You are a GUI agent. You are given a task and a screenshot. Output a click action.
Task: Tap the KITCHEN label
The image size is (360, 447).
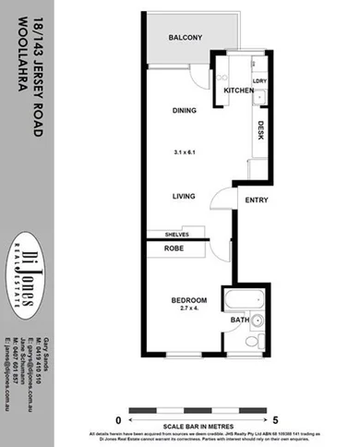tap(237, 91)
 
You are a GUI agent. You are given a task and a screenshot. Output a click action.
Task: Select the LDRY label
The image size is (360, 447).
tap(259, 80)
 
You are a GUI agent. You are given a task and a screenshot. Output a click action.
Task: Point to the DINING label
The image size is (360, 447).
tap(185, 112)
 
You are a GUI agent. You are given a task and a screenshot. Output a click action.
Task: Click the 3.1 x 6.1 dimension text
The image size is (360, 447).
tap(186, 151)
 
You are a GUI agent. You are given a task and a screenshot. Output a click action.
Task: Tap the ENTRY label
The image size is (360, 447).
tap(254, 199)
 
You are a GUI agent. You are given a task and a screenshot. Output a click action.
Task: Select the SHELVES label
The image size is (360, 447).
tap(177, 235)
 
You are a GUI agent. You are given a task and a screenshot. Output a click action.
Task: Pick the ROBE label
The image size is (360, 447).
tap(175, 248)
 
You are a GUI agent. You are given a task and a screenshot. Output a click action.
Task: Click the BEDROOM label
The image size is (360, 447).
tap(188, 300)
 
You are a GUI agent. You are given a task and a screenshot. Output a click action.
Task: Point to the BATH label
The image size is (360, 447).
tap(239, 320)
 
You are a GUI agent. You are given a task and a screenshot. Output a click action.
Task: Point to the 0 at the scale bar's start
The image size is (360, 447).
tap(120, 418)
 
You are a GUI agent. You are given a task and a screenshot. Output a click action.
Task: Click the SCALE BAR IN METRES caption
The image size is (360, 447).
tap(197, 426)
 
